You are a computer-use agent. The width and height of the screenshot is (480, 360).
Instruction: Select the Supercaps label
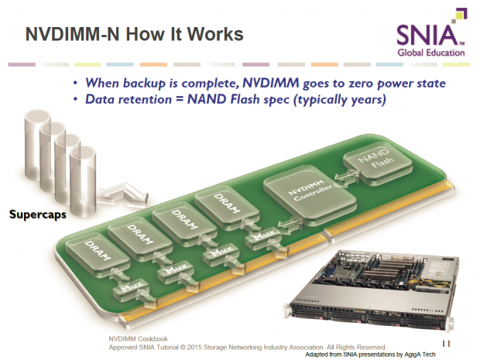[x=37, y=213]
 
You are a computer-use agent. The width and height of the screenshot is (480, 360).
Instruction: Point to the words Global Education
[x=432, y=53]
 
